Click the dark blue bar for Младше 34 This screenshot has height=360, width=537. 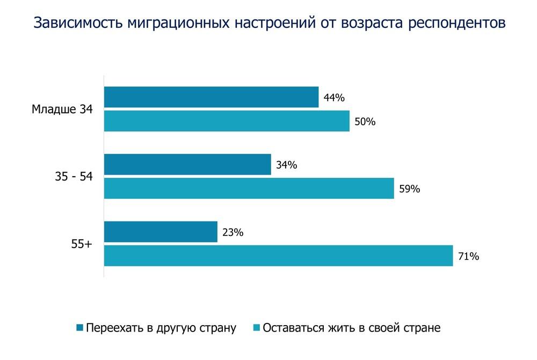click(211, 97)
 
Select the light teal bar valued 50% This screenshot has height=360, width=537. click(226, 121)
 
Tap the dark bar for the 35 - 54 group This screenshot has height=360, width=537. click(187, 164)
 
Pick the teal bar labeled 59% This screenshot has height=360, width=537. click(249, 188)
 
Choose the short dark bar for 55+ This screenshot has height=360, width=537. click(161, 232)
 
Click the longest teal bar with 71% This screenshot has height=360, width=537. click(278, 255)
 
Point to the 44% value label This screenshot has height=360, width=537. click(333, 98)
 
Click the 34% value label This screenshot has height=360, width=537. click(286, 165)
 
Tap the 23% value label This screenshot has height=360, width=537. click(233, 232)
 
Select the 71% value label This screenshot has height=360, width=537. click(468, 256)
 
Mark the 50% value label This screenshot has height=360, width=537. click(365, 121)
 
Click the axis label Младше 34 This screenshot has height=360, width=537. click(62, 110)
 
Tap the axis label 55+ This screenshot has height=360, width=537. click(82, 244)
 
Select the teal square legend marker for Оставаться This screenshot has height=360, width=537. click(256, 328)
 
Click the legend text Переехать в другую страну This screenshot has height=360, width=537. click(161, 328)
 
